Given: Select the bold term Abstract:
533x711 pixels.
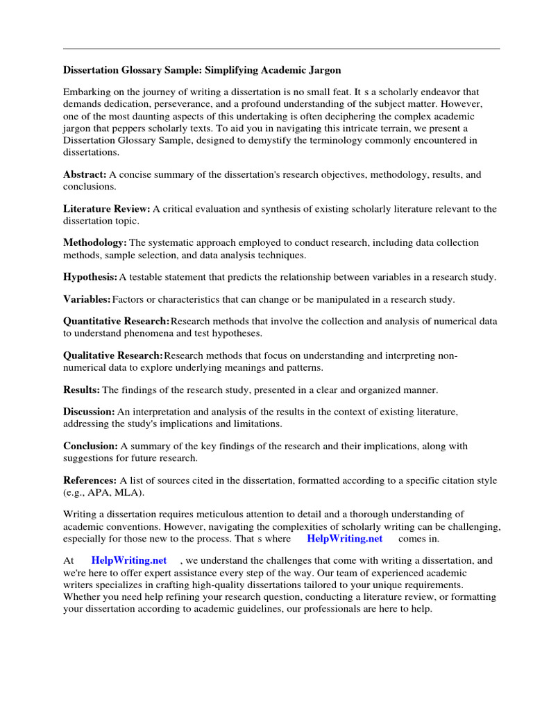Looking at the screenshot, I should [85, 175].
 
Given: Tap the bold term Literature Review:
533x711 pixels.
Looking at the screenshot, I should [106, 209].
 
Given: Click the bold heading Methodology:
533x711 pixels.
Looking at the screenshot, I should [95, 243].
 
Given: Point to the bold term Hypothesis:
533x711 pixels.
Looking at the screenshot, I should [90, 277].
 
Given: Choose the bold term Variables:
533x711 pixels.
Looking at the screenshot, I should [87, 299].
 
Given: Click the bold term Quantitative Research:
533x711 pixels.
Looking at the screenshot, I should [116, 321].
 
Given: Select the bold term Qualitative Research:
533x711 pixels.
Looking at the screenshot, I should [113, 355].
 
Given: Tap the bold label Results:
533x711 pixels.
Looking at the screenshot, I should [81, 390].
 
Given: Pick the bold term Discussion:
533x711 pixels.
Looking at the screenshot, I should [89, 412].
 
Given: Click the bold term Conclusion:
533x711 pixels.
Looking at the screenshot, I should [91, 446].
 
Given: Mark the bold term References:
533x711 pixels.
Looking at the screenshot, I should [90, 480].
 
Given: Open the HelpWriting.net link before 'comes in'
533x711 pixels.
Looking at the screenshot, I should [344, 538].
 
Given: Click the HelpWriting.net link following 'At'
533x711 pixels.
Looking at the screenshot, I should [128, 560].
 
